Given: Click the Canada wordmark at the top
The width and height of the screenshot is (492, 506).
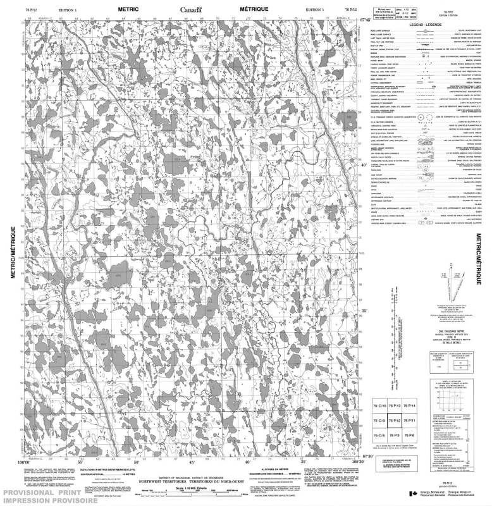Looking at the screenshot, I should click(190, 9).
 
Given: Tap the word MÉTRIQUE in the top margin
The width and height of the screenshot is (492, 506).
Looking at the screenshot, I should click(254, 9).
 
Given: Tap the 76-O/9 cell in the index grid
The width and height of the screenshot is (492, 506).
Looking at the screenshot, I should click(379, 421).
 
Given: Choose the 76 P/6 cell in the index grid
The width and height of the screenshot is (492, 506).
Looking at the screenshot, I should click(410, 436).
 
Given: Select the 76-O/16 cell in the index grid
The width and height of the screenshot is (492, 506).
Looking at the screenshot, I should click(379, 405).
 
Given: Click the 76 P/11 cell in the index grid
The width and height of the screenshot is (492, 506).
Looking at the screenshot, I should click(410, 421).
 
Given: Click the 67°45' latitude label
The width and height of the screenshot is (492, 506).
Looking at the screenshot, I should click(365, 20).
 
